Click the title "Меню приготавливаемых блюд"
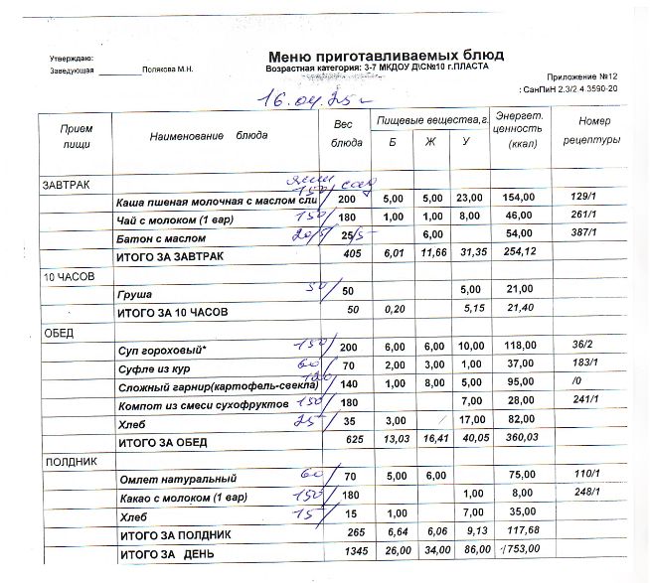pyautogui.click(x=386, y=55)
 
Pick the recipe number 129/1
pyautogui.click(x=585, y=201)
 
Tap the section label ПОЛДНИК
pyautogui.click(x=68, y=463)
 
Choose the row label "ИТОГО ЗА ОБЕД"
pyautogui.click(x=165, y=442)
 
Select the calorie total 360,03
pyautogui.click(x=522, y=437)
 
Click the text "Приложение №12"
pyautogui.click(x=583, y=76)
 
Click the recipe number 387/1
pyautogui.click(x=585, y=237)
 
